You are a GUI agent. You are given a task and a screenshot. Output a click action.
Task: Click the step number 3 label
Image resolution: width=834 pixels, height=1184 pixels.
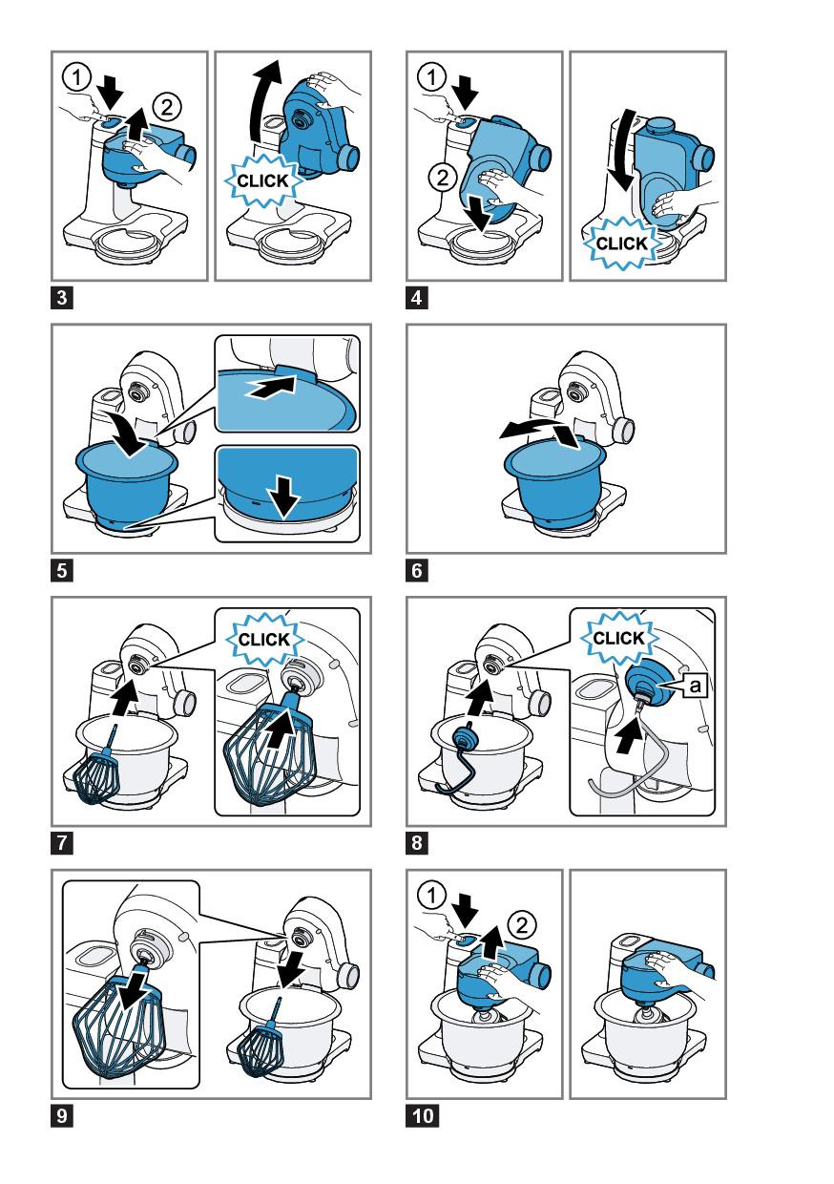(62, 298)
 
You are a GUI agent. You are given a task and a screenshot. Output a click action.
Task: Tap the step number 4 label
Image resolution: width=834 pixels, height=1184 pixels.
(417, 298)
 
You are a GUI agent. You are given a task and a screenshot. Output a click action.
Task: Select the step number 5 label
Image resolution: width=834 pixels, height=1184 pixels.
(62, 570)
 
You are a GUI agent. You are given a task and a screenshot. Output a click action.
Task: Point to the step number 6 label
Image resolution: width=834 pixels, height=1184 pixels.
(417, 570)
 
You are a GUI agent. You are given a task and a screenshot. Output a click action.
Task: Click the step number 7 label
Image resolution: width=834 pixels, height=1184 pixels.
(62, 842)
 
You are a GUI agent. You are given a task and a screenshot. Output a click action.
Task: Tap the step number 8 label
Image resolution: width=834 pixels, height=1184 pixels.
(417, 842)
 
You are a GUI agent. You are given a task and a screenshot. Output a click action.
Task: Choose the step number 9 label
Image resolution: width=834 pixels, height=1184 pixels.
(62, 1116)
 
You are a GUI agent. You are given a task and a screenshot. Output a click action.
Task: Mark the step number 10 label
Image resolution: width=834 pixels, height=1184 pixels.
(422, 1116)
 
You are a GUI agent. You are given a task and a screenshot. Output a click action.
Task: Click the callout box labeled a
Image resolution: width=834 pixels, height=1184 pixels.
(695, 686)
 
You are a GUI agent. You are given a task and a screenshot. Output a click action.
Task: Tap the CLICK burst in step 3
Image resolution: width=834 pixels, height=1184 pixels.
(262, 180)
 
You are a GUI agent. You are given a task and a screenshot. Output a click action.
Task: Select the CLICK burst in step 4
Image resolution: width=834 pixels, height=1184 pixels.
(621, 243)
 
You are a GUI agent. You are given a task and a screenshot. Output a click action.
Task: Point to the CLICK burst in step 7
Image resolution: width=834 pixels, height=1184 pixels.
(264, 640)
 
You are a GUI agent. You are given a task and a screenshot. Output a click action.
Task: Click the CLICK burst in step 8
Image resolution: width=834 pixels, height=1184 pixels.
(619, 638)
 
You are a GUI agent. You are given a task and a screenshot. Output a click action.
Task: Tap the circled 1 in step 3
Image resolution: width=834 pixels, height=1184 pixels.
(77, 77)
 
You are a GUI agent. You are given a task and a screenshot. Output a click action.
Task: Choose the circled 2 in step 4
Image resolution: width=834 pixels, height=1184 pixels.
(443, 177)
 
